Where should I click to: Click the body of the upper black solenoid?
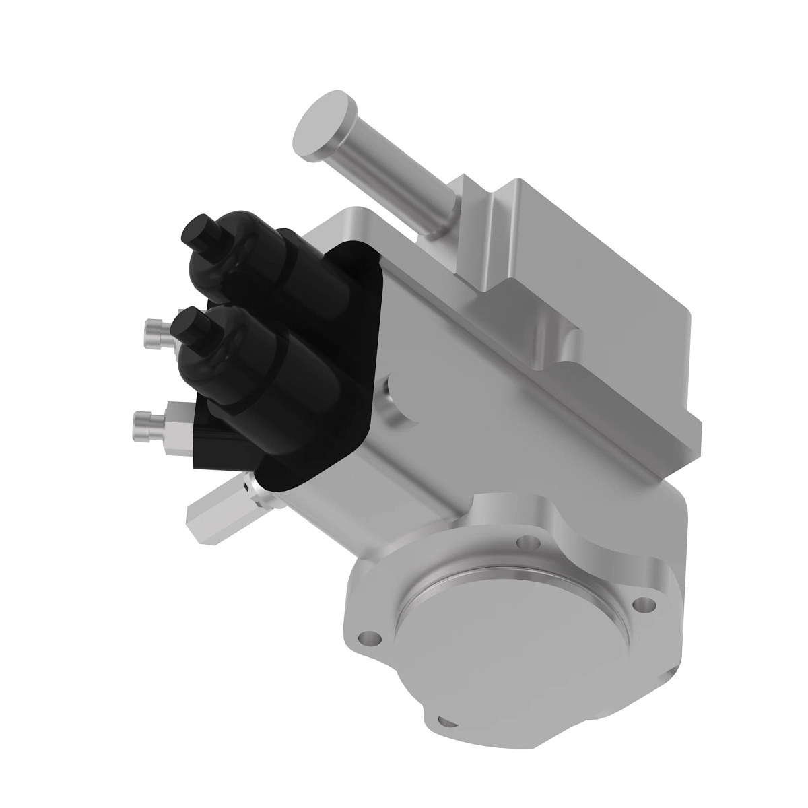(x=269, y=269)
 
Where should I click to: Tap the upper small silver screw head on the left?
(x=154, y=333)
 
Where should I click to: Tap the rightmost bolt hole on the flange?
(x=648, y=603)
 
